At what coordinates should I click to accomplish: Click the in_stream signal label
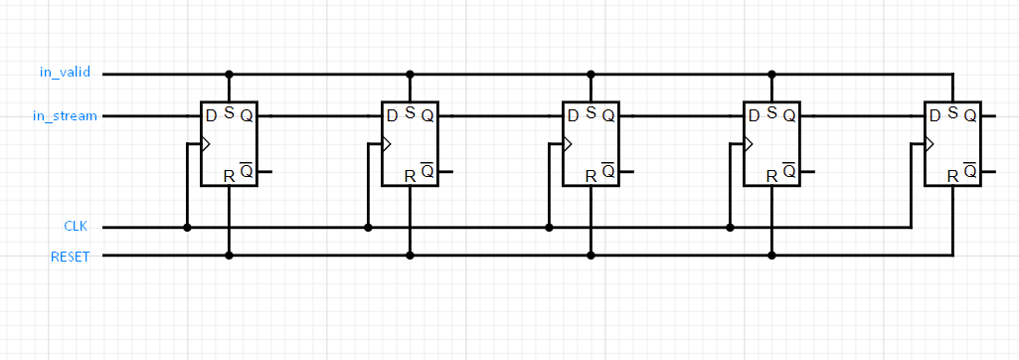tap(66, 116)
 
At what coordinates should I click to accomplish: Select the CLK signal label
tap(76, 228)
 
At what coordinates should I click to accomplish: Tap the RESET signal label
tap(70, 257)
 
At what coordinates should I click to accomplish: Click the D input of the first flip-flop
tap(211, 116)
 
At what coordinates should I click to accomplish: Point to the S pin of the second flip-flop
tap(410, 113)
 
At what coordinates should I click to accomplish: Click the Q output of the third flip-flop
tap(608, 116)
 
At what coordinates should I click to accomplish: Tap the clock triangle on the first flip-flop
tap(206, 144)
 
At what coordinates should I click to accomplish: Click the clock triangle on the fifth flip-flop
tap(930, 144)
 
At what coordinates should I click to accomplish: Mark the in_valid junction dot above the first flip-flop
tap(229, 75)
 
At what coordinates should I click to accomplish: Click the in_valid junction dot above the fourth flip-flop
tap(771, 75)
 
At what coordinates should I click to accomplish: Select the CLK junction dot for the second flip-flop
tap(368, 228)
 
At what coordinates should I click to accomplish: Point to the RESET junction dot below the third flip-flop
tap(591, 256)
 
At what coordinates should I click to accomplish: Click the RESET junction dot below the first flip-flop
tap(229, 256)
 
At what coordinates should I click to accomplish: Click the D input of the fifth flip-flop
tap(934, 116)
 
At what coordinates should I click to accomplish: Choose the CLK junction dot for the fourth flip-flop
tap(730, 228)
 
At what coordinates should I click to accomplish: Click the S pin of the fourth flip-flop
tap(771, 113)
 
